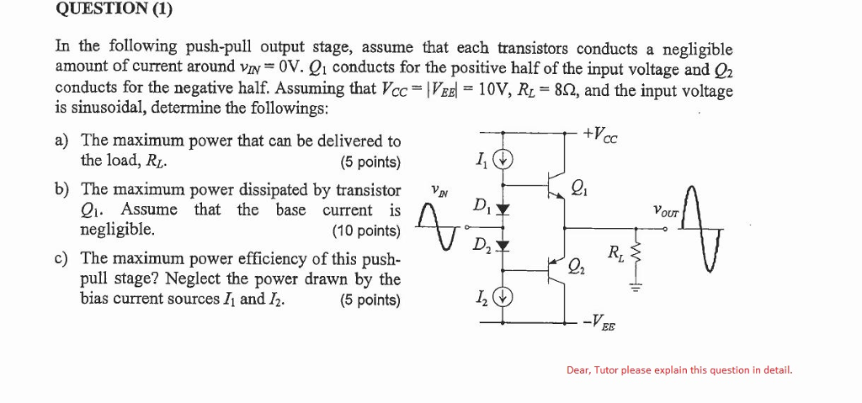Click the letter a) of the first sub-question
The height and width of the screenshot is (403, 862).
pos(62,141)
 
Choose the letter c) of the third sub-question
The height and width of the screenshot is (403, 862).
pos(62,258)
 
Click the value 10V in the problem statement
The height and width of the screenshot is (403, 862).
pos(495,90)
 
